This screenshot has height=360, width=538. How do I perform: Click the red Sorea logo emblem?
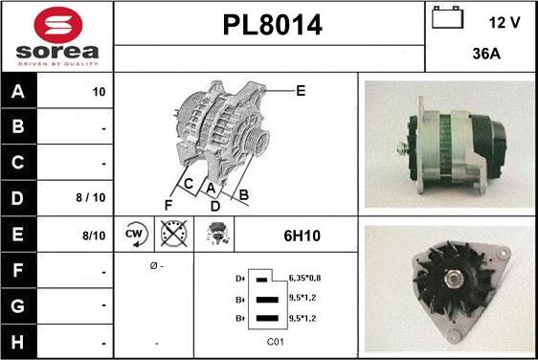[x=58, y=25]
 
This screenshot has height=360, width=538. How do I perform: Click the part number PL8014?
[x=273, y=25]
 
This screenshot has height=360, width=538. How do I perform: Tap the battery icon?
[x=447, y=17]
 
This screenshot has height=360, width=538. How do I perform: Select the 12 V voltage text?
[x=504, y=23]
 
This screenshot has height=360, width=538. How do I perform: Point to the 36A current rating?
[x=486, y=54]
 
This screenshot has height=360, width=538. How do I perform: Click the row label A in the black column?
[x=18, y=91]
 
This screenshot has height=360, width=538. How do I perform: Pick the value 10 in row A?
[x=99, y=92]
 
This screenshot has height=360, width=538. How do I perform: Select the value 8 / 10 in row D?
[x=91, y=197]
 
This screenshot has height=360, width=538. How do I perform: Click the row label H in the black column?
[x=18, y=342]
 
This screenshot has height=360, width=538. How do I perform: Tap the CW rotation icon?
[x=136, y=235]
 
